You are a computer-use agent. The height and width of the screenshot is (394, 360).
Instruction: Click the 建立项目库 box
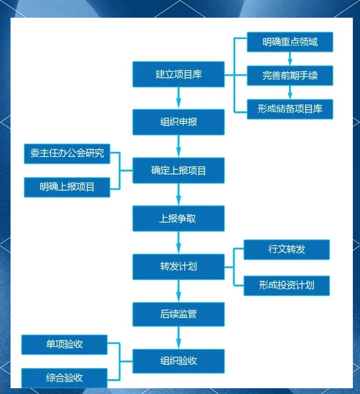pyautogui.click(x=178, y=74)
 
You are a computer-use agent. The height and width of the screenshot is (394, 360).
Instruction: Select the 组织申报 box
pyautogui.click(x=178, y=122)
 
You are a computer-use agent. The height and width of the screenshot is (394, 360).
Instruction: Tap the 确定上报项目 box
pyautogui.click(x=178, y=170)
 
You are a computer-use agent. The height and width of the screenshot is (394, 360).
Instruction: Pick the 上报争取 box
pyautogui.click(x=178, y=219)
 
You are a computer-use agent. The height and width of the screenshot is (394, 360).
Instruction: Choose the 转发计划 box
pyautogui.click(x=178, y=267)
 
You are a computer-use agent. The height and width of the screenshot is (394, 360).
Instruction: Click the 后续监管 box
pyautogui.click(x=178, y=314)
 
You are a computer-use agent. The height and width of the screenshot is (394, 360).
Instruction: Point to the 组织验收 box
pyautogui.click(x=178, y=361)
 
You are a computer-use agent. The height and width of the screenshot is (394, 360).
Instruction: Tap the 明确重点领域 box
pyautogui.click(x=290, y=42)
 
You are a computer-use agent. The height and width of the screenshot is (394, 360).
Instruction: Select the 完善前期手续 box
pyautogui.click(x=290, y=75)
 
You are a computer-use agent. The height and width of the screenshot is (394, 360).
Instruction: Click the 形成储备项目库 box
pyautogui.click(x=290, y=109)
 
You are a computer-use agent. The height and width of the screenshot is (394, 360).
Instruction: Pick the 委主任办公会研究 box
pyautogui.click(x=67, y=154)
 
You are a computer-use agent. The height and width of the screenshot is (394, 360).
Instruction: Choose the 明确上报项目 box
pyautogui.click(x=67, y=187)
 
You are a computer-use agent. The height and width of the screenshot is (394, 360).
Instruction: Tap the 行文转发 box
pyautogui.click(x=286, y=249)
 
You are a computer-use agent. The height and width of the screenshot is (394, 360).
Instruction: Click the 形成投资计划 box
pyautogui.click(x=286, y=285)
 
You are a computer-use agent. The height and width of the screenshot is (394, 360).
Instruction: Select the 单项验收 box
pyautogui.click(x=64, y=344)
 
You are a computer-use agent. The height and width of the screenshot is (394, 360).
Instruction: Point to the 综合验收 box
pyautogui.click(x=64, y=378)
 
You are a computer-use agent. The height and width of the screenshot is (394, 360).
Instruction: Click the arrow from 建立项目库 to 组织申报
pyautogui.click(x=178, y=98)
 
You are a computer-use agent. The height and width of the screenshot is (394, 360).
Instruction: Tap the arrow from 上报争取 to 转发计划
pyautogui.click(x=178, y=243)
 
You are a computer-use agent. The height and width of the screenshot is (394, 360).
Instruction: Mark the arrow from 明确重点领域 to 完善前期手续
pyautogui.click(x=290, y=59)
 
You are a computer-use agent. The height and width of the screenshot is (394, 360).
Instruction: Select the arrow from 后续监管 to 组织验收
pyautogui.click(x=178, y=338)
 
